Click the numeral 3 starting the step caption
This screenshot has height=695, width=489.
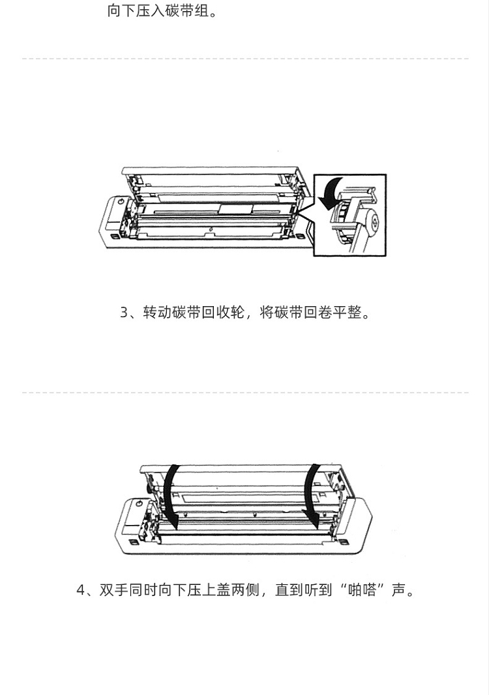pos(125,313)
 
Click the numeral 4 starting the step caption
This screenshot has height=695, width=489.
pos(81,590)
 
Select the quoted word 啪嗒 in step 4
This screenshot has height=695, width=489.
pos(362,590)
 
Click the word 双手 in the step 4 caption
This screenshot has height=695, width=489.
pos(114,590)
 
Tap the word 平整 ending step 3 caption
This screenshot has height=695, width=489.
pos(348,313)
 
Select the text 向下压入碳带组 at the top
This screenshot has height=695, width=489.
pos(158,11)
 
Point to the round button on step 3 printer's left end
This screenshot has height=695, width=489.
pos(121,202)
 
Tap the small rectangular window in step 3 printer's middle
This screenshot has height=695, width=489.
pos(236,209)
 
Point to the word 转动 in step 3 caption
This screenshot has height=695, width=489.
pos(157,313)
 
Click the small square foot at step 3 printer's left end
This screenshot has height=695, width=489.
pos(113,237)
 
